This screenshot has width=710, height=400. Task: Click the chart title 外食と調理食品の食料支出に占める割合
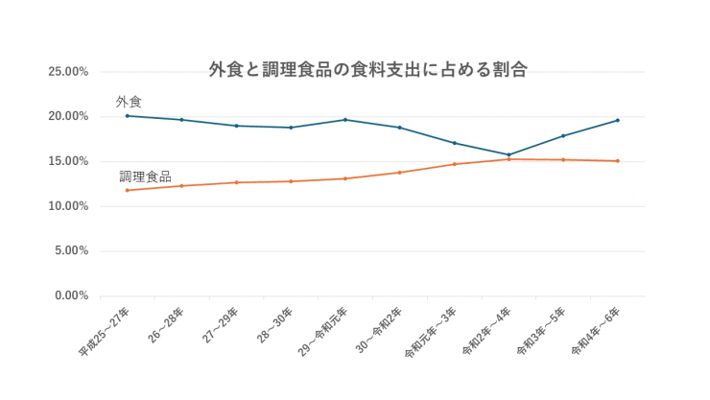367,69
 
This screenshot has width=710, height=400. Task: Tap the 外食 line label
129,101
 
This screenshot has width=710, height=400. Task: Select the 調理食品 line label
145,176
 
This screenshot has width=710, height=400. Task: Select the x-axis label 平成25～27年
106,332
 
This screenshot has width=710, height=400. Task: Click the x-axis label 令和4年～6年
596,332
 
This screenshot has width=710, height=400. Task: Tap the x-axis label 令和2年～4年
486,332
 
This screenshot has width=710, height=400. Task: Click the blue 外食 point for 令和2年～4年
509,154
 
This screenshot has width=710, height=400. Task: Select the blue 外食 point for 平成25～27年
127,116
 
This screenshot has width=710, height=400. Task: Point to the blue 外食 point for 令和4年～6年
618,120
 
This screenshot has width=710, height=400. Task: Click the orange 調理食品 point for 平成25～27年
127,190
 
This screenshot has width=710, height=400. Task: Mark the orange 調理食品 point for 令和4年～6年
618,161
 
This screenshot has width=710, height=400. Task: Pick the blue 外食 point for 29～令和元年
344,120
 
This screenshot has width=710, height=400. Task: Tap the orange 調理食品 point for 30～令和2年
399,173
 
